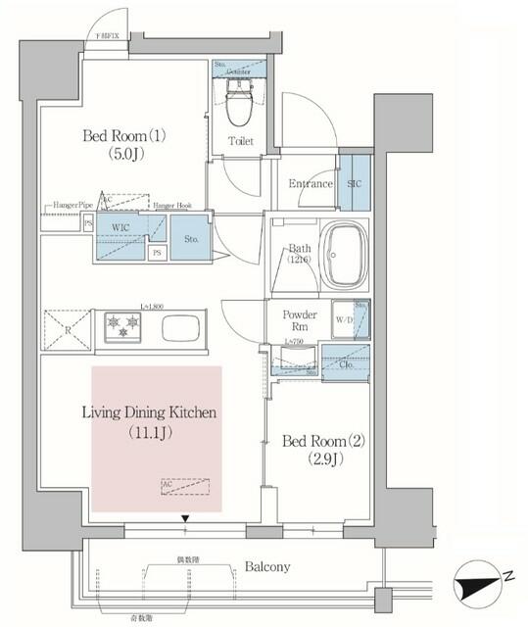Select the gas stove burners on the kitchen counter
point(118,328)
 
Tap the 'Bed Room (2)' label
point(323,450)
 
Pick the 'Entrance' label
point(311,184)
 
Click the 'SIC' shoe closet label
point(354,183)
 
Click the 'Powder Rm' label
point(299,320)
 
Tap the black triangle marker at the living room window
point(184,518)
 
